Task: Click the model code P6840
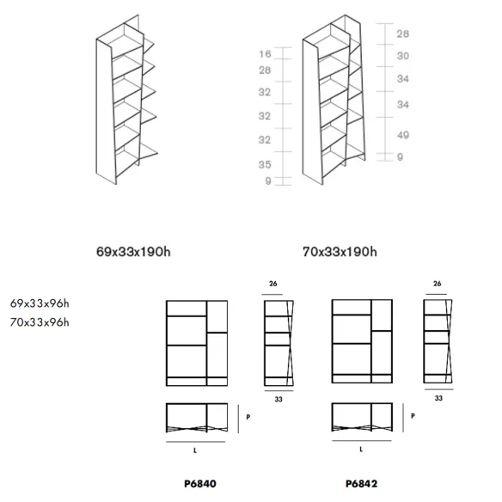pyautogui.click(x=200, y=483)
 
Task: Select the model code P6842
pyautogui.click(x=361, y=483)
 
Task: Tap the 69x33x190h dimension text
pyautogui.click(x=133, y=252)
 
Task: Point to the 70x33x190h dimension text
pyautogui.click(x=340, y=252)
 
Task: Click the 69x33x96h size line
pyautogui.click(x=40, y=303)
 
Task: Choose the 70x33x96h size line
pyautogui.click(x=40, y=322)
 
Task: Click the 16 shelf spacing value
pyautogui.click(x=265, y=54)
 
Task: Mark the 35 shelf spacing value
pyautogui.click(x=265, y=164)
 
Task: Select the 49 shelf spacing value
pyautogui.click(x=403, y=135)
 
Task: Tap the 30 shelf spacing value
pyautogui.click(x=403, y=56)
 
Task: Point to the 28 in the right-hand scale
pyautogui.click(x=403, y=34)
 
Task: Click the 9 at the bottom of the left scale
pyautogui.click(x=268, y=181)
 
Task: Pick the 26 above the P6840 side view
pyautogui.click(x=273, y=284)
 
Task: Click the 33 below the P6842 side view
pyautogui.click(x=438, y=398)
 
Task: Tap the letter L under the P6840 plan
pyautogui.click(x=195, y=450)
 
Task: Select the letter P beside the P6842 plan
pyautogui.click(x=413, y=416)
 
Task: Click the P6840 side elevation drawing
pyautogui.click(x=279, y=343)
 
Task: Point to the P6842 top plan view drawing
pyautogui.click(x=362, y=417)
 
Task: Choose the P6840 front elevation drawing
pyautogui.click(x=197, y=343)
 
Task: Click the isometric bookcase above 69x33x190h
pyautogui.click(x=126, y=99)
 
